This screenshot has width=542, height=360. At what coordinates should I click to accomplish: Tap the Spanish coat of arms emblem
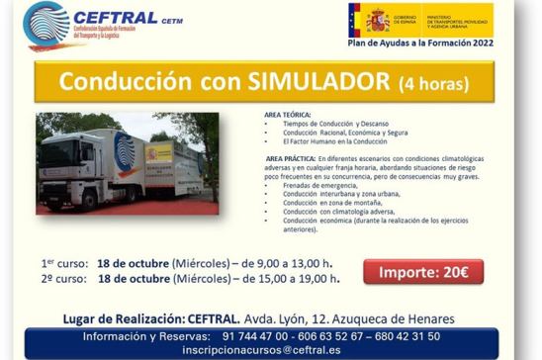click(x=377, y=19)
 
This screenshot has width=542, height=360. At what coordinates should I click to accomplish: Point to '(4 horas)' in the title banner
click(x=432, y=82)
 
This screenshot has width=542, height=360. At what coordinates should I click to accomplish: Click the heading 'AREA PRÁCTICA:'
click(x=294, y=158)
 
